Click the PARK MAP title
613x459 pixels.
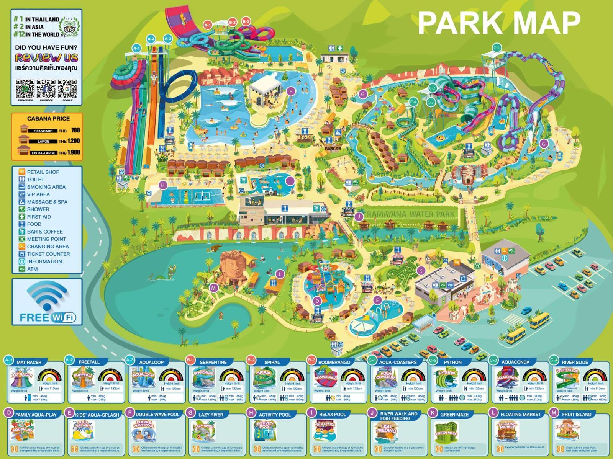click(498, 23)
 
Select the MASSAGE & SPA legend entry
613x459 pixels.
click(47, 202)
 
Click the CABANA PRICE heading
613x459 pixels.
click(48, 119)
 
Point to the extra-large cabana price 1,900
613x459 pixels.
click(74, 152)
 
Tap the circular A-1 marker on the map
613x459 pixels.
click(136, 48)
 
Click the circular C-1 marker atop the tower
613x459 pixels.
click(497, 48)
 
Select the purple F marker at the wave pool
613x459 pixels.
click(291, 91)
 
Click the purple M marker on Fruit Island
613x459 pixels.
click(214, 288)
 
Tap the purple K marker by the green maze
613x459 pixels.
click(421, 271)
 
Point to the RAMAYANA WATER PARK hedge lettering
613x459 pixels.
click(410, 214)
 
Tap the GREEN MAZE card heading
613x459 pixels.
click(454, 414)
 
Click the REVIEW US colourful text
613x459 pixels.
click(46, 57)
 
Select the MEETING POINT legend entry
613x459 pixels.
click(46, 239)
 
